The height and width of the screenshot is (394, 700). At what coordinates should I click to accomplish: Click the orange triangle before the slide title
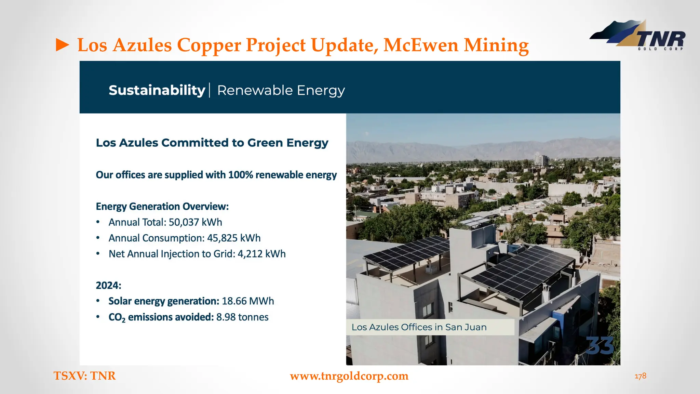63,45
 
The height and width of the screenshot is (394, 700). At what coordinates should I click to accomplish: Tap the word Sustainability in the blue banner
157,90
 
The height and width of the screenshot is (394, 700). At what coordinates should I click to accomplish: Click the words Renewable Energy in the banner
281,90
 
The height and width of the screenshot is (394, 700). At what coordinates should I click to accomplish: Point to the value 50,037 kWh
195,222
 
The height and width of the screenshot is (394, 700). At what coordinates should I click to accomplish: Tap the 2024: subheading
108,285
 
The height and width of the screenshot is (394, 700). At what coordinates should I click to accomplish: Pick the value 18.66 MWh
248,301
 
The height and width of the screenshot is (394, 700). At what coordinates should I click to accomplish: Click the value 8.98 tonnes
242,317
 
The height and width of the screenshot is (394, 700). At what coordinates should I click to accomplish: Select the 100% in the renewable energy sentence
241,175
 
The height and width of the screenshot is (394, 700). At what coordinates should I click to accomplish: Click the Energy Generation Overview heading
162,207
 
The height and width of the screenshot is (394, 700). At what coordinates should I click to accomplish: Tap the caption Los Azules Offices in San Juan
419,327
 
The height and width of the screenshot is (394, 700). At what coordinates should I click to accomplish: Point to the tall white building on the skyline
541,160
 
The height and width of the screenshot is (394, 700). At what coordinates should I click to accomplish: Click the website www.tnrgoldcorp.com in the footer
349,376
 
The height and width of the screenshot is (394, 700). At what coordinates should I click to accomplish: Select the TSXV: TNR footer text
84,376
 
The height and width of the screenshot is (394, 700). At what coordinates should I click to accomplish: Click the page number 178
640,376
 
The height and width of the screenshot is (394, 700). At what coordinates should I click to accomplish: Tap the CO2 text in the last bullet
117,317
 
